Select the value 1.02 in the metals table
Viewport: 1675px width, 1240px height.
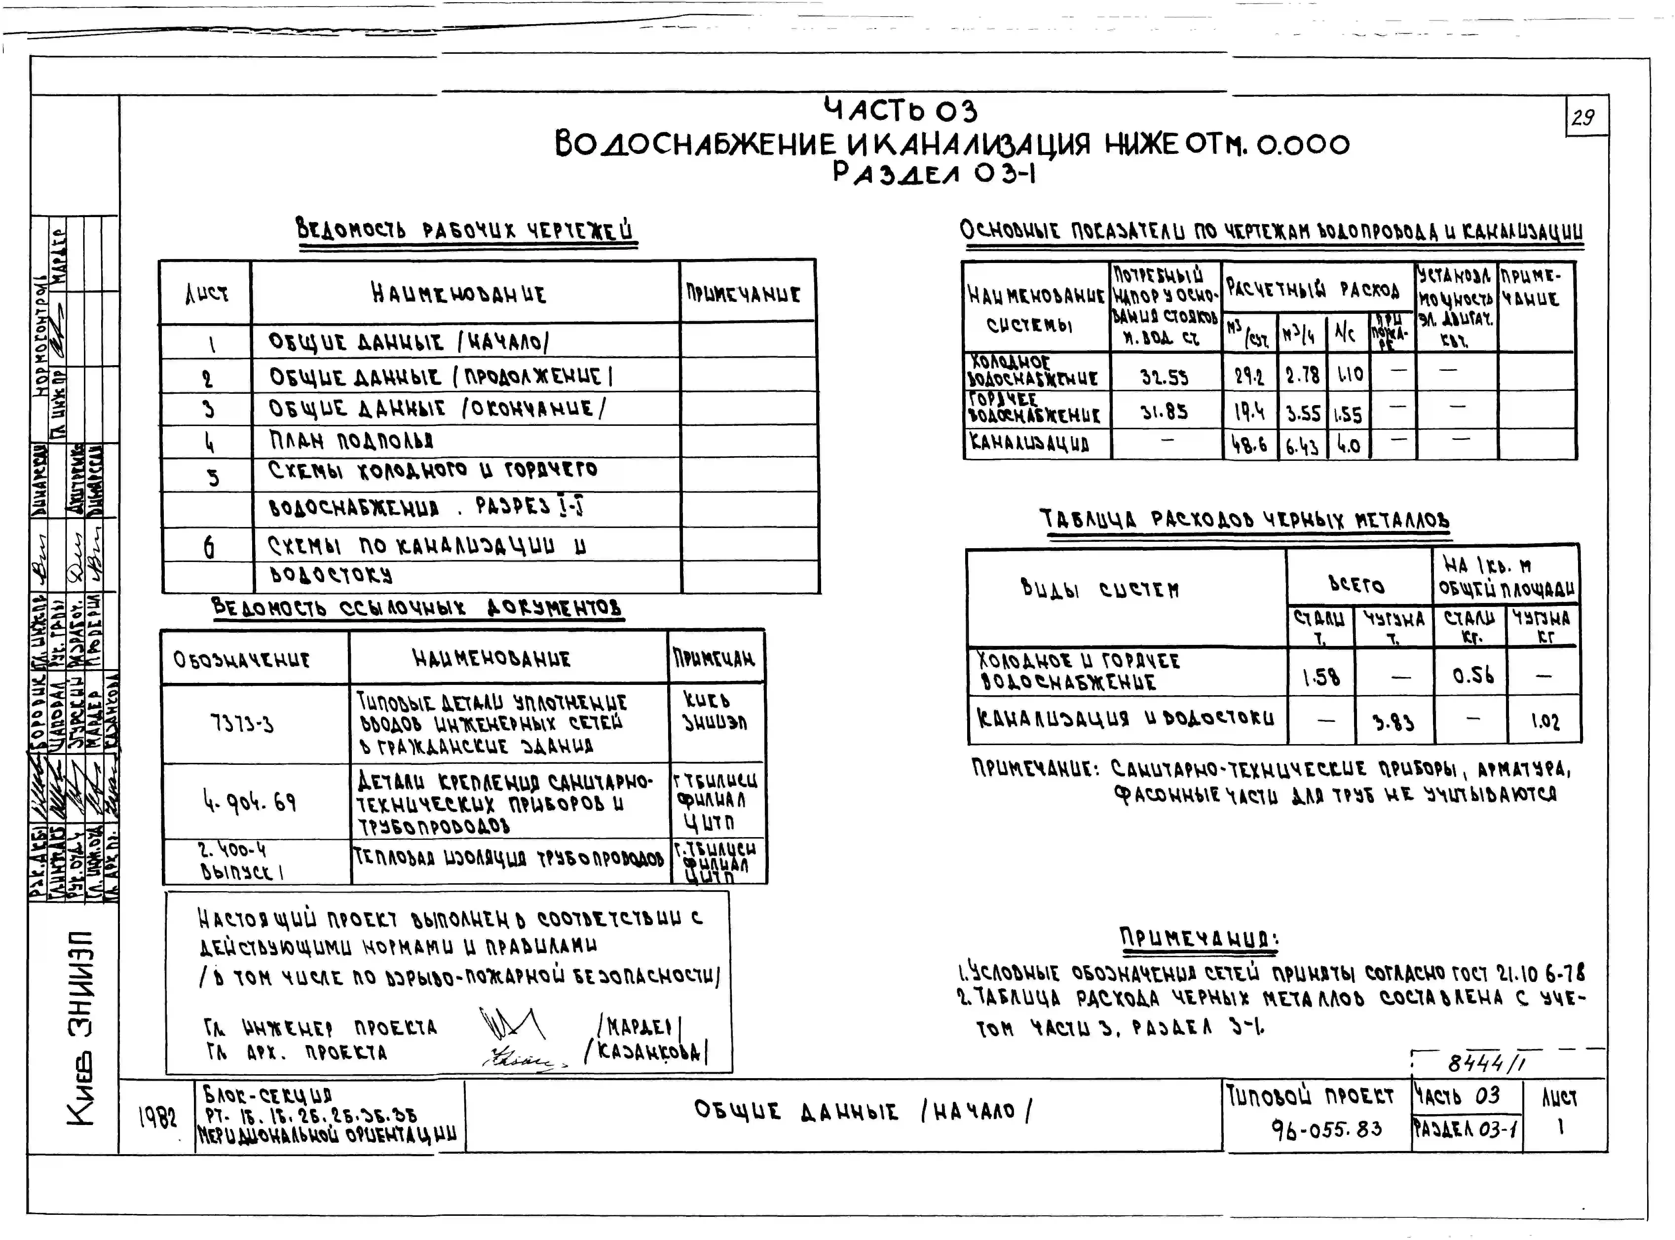(1544, 722)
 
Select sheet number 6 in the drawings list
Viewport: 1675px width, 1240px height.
(209, 548)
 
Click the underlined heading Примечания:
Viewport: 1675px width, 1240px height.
(1199, 938)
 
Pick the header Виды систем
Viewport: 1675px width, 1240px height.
(1099, 589)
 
